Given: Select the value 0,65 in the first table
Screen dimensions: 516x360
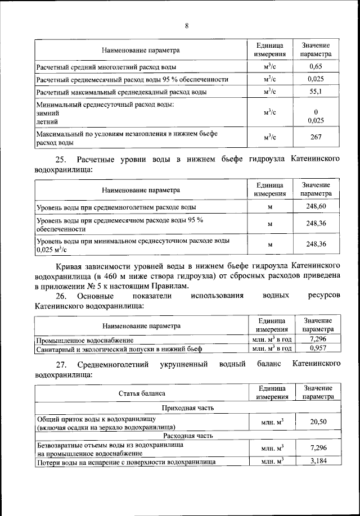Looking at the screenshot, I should point(316,67).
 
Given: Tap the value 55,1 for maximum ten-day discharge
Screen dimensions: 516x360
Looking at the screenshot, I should point(316,92).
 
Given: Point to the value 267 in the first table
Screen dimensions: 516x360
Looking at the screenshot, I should point(316,138).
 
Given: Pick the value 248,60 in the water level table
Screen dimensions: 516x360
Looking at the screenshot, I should point(316,207).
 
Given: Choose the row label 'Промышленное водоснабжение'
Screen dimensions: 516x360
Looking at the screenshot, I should point(85,340).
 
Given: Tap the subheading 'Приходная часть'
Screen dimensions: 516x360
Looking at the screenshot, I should point(187,407).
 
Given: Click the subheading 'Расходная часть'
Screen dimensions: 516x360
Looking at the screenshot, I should point(187,435).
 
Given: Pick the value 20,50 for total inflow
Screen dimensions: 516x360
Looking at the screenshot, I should point(318,422).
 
